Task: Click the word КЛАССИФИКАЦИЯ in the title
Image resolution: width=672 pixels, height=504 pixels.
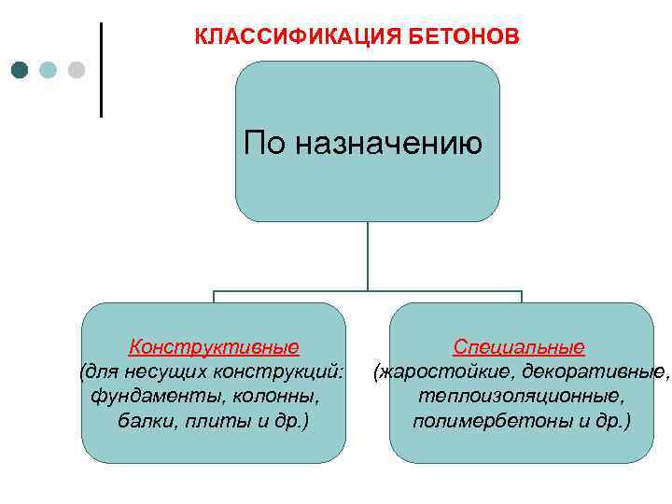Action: pos(297,36)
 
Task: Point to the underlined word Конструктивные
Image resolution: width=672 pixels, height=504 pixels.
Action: pos(214,348)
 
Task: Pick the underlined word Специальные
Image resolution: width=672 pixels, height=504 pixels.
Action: pos(519,348)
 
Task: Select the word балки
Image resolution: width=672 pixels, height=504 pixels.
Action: pos(143,421)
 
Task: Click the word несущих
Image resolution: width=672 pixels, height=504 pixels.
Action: pos(173,372)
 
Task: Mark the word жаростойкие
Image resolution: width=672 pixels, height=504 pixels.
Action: pos(446,372)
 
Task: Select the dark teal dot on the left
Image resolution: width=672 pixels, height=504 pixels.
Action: pos(21,70)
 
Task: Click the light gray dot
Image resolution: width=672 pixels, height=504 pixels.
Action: pos(77,70)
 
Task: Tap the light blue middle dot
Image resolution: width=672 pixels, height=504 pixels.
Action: pos(49,70)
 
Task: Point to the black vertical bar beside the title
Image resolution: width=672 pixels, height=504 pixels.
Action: pos(101,70)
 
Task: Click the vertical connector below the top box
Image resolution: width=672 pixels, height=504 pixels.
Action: pos(368,256)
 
